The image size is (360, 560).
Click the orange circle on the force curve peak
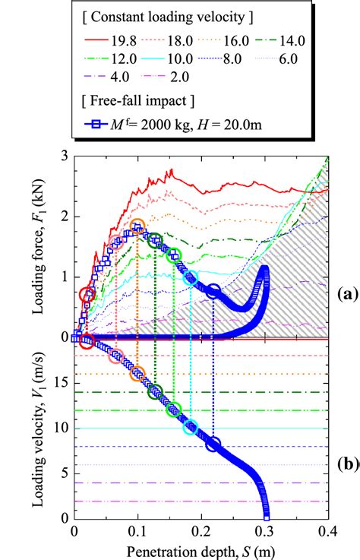pyautogui.click(x=137, y=226)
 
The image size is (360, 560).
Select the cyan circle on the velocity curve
pyautogui.click(x=190, y=428)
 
